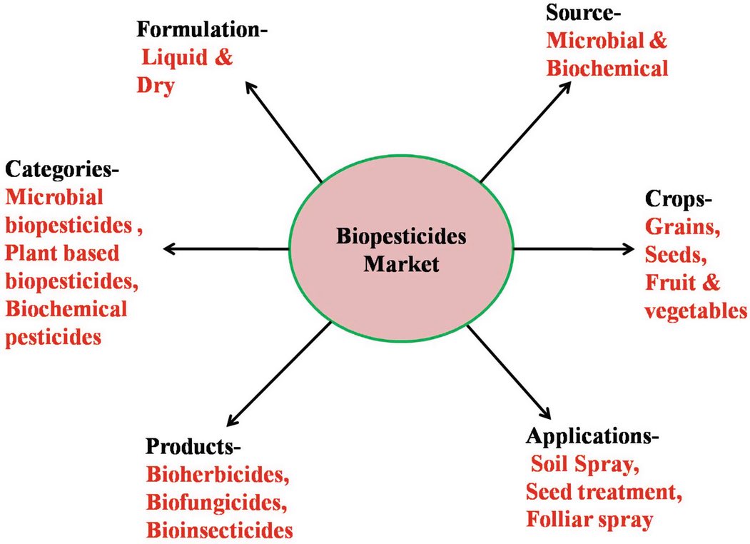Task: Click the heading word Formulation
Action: [x=196, y=31]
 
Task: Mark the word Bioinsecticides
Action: [x=219, y=530]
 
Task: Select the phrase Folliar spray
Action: [x=589, y=519]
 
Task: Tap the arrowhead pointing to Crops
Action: [x=627, y=248]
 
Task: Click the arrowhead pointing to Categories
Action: [x=170, y=248]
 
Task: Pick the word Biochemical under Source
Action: [x=607, y=68]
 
